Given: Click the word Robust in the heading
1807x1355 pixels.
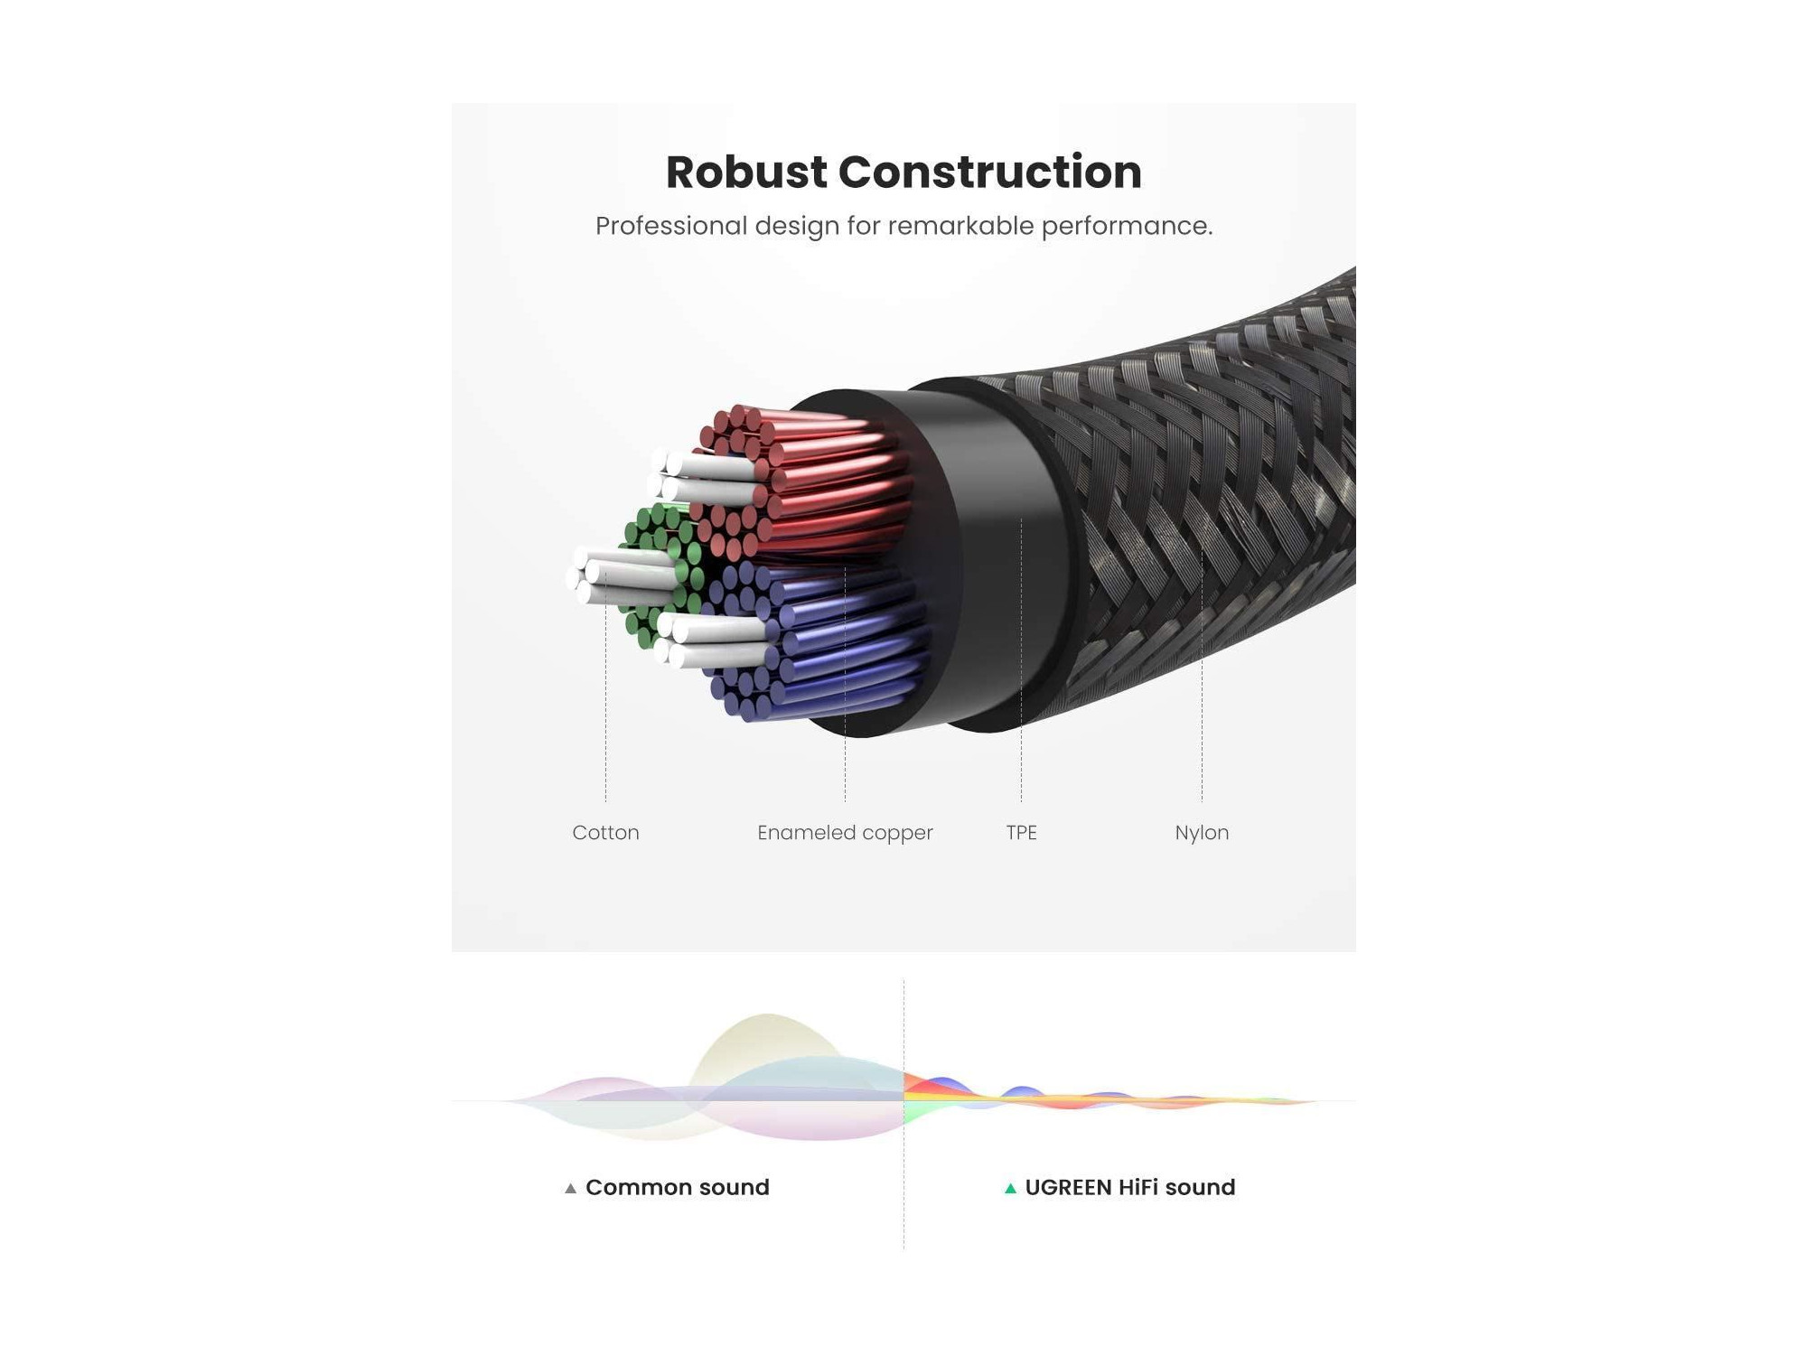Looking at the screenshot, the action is point(746,172).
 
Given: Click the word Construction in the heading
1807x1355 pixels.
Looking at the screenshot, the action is point(990,172).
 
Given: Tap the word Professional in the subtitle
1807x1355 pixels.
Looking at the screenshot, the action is point(671,226).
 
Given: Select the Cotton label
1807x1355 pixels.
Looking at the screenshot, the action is point(605,832).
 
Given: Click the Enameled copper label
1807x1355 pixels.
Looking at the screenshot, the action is point(845,833).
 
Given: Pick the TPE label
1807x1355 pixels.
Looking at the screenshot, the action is point(1021,832).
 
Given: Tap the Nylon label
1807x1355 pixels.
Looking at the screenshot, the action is point(1202,833).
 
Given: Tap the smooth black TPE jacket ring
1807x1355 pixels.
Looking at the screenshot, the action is point(994,560).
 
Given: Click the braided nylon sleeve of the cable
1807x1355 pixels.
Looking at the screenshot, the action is point(1211,506).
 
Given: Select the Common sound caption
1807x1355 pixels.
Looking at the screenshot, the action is point(678,1187).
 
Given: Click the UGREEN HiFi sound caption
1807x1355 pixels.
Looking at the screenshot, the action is point(1130,1187).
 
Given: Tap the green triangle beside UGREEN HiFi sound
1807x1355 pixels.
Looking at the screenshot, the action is point(1010,1188).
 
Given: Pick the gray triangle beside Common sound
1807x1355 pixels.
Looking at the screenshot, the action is point(570,1188).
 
